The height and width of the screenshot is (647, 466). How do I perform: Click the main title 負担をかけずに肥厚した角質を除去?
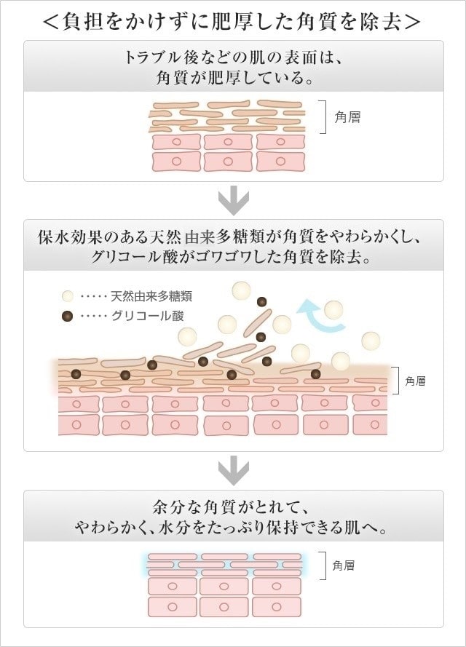click(x=233, y=21)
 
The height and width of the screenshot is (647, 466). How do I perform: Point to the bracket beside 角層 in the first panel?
click(x=323, y=116)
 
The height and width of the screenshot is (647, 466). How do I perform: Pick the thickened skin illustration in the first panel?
click(x=226, y=136)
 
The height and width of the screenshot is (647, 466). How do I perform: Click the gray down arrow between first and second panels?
click(x=233, y=200)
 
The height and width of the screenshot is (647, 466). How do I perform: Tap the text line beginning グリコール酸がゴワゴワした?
click(x=233, y=258)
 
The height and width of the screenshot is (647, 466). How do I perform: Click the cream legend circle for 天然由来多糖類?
click(x=68, y=297)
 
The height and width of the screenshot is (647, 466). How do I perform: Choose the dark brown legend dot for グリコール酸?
click(x=68, y=317)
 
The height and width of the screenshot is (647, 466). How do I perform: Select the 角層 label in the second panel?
click(x=415, y=381)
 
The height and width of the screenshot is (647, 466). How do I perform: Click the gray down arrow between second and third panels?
click(x=233, y=472)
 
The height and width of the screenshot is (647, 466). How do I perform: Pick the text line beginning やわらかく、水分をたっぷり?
click(x=233, y=528)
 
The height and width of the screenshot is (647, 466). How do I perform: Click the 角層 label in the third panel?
click(x=344, y=565)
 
